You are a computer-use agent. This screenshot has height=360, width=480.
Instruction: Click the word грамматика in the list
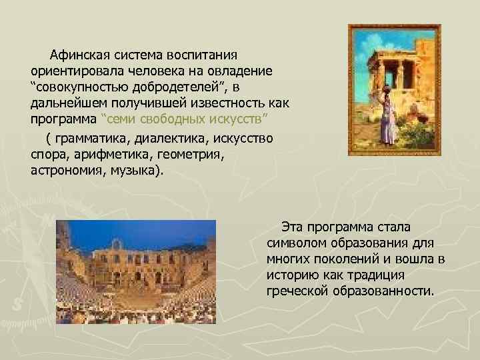90,139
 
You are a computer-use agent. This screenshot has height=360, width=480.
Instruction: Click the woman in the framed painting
386,117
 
